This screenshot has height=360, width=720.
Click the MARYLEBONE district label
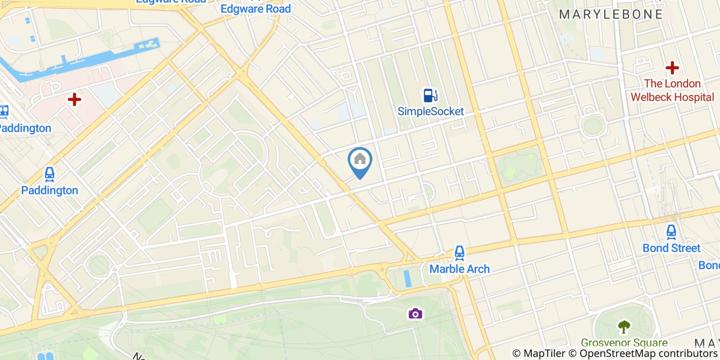[x=611, y=14]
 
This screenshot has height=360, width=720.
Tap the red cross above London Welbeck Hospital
[x=672, y=67]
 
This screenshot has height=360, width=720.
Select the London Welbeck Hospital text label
[x=672, y=90]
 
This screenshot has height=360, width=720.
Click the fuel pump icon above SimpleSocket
[x=430, y=95]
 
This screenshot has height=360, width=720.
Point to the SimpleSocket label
[x=430, y=111]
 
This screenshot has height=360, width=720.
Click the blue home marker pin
[x=360, y=161]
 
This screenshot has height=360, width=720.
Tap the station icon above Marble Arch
[x=459, y=253]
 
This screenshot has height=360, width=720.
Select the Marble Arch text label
[x=459, y=268]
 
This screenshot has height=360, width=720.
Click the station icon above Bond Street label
[x=671, y=232]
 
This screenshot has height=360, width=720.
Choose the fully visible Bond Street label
[x=671, y=248]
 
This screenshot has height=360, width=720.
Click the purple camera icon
[x=416, y=313]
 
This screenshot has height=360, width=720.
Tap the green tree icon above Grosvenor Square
[x=624, y=326]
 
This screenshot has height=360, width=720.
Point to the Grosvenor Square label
[x=624, y=343]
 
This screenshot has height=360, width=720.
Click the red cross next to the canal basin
[x=75, y=99]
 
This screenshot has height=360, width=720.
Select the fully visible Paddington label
[x=49, y=190]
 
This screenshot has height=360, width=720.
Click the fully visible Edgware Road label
[x=256, y=9]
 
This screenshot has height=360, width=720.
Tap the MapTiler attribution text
[x=539, y=353]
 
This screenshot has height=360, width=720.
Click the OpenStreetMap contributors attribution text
[x=643, y=353]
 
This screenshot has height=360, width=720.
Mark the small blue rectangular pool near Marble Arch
[x=408, y=278]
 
